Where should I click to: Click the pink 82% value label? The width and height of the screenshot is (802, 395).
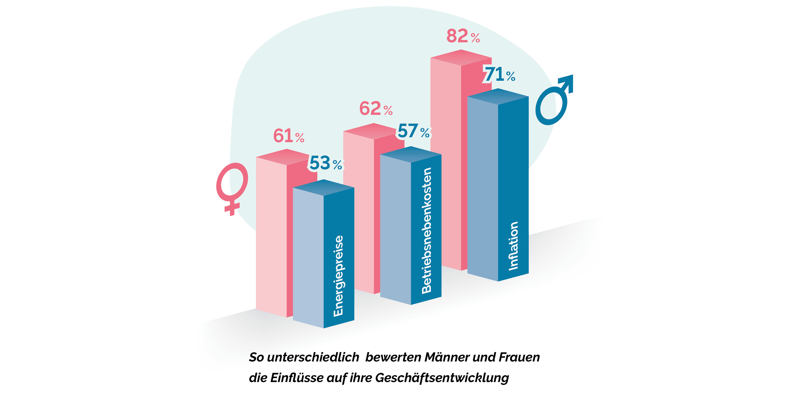tap(463, 36)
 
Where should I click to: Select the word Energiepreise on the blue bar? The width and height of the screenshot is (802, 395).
tap(338, 276)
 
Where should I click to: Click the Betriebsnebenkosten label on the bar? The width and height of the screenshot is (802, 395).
tap(427, 231)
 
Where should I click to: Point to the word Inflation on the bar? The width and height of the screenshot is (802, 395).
tap(513, 246)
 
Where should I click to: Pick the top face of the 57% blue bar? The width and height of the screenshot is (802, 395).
tap(411, 155)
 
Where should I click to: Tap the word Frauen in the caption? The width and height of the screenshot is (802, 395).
tap(519, 357)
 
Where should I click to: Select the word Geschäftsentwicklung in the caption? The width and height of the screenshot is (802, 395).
tap(442, 378)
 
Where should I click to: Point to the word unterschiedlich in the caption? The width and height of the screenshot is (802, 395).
tap(313, 357)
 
